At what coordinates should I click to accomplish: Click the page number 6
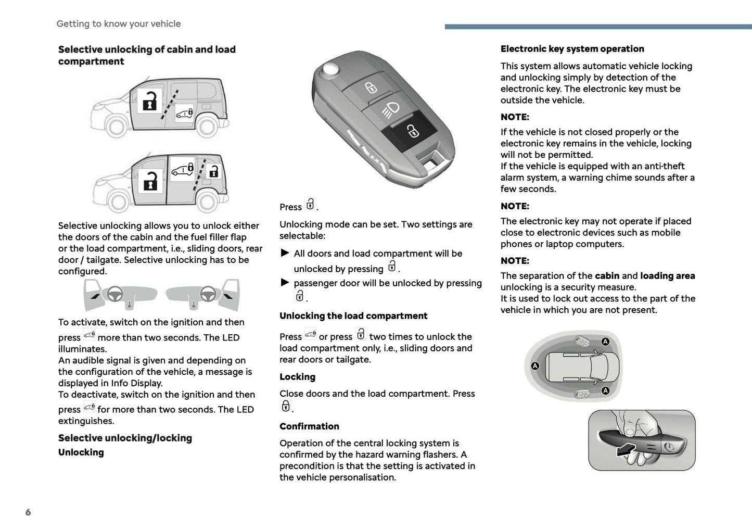click(x=28, y=512)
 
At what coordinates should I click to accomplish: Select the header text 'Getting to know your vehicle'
click(x=119, y=24)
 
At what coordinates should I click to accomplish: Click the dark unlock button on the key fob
click(x=412, y=131)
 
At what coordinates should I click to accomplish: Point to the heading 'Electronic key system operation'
click(x=572, y=49)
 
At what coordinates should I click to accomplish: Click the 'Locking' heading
click(x=297, y=377)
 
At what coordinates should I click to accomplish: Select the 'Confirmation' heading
click(x=309, y=426)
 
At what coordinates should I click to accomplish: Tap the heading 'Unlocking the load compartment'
click(x=353, y=316)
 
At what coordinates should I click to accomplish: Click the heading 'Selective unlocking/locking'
click(x=125, y=438)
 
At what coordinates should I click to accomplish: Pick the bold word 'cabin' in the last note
click(x=607, y=276)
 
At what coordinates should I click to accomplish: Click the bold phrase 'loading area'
click(x=667, y=276)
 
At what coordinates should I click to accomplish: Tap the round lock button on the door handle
click(x=669, y=447)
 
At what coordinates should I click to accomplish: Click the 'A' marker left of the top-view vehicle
click(x=535, y=366)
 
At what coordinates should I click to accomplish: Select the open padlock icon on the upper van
click(x=149, y=101)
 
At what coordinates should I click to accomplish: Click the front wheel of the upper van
click(x=116, y=126)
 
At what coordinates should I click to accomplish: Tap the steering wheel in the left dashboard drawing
click(x=114, y=294)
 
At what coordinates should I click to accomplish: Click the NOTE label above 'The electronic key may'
click(x=515, y=206)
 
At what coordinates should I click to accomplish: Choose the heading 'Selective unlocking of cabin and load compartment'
click(x=147, y=55)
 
